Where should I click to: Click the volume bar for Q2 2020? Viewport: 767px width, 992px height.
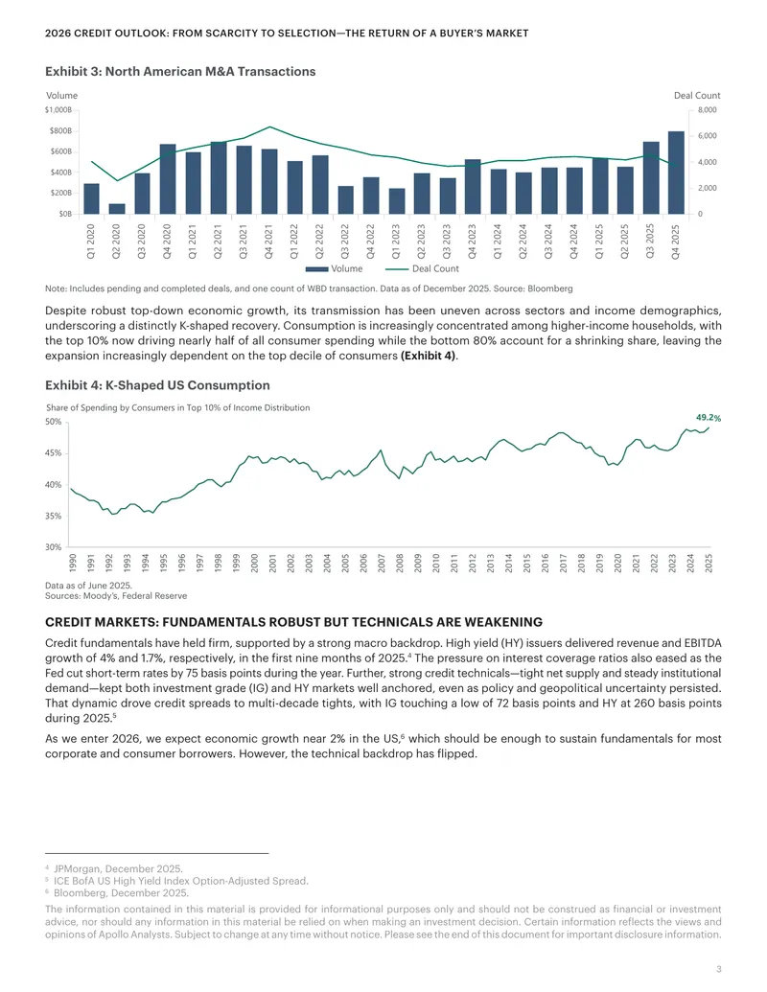117,209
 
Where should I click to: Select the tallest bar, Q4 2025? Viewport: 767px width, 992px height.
676,173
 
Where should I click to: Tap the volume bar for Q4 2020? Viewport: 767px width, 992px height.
168,179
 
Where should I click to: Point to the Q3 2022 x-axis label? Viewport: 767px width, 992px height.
345,241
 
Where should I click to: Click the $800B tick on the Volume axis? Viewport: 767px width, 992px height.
60,131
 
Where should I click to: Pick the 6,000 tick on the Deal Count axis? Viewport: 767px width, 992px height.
707,136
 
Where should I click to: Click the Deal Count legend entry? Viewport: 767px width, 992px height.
422,269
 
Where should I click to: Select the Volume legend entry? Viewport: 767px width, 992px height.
335,269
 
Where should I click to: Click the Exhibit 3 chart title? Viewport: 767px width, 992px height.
180,72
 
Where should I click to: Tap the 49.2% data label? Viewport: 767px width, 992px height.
709,418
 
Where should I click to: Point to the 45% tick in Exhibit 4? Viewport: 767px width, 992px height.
53,453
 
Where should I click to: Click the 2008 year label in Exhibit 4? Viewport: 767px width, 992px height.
400,563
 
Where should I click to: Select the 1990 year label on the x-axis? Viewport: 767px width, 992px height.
73,563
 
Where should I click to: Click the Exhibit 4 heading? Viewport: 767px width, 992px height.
157,385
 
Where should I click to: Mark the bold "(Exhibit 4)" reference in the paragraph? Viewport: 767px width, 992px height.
429,356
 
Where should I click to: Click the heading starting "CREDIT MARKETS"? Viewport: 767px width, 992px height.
293,622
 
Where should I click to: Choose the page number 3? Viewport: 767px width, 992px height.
719,969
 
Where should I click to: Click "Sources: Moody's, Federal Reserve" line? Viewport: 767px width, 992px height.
116,596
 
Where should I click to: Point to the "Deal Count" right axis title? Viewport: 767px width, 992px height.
697,96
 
